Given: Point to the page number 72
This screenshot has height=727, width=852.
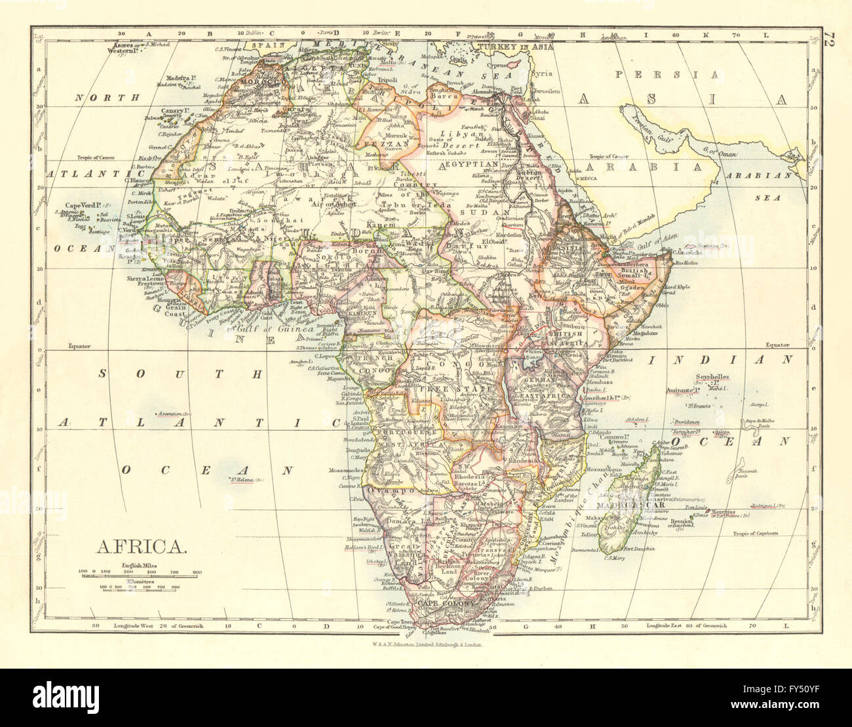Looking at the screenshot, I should tap(830, 37).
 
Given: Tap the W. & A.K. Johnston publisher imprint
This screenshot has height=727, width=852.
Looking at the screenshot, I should tap(426, 645).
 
